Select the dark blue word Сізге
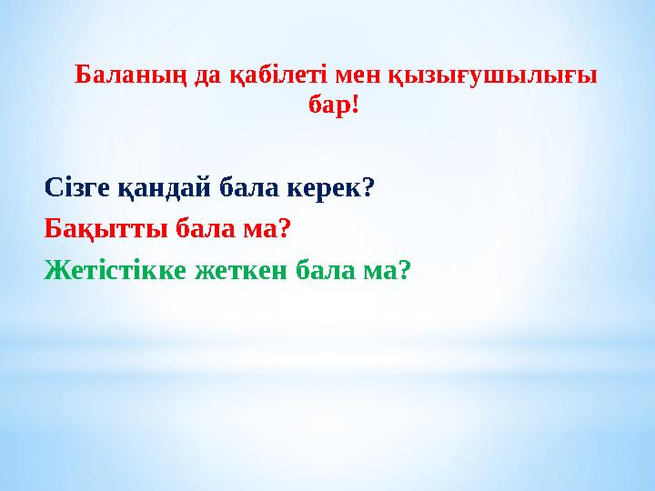[x=77, y=188]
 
